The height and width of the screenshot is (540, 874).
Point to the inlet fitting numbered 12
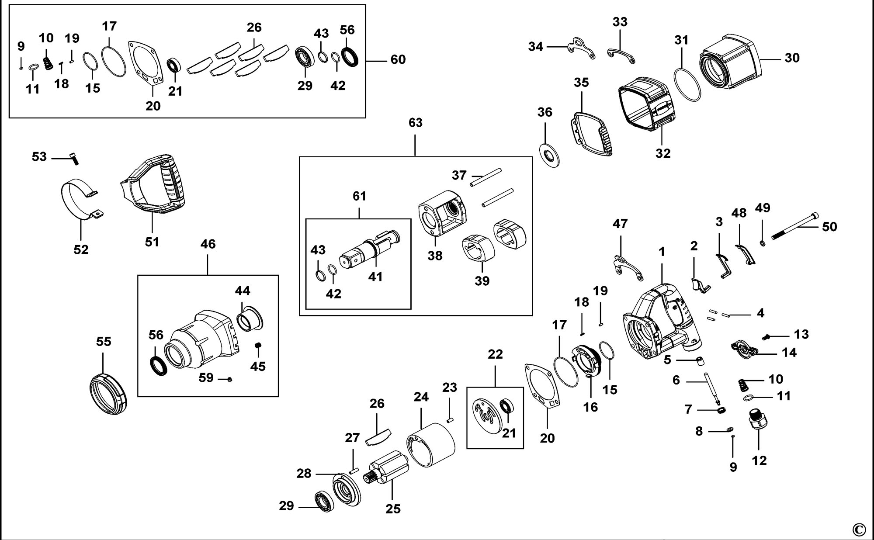coord(759,420)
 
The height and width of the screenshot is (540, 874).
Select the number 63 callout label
coord(415,123)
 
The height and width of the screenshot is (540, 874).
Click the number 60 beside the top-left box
coord(398,59)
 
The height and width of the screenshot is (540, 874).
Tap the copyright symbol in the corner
coord(858,530)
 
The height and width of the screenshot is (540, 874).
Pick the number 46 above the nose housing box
coord(208,244)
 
